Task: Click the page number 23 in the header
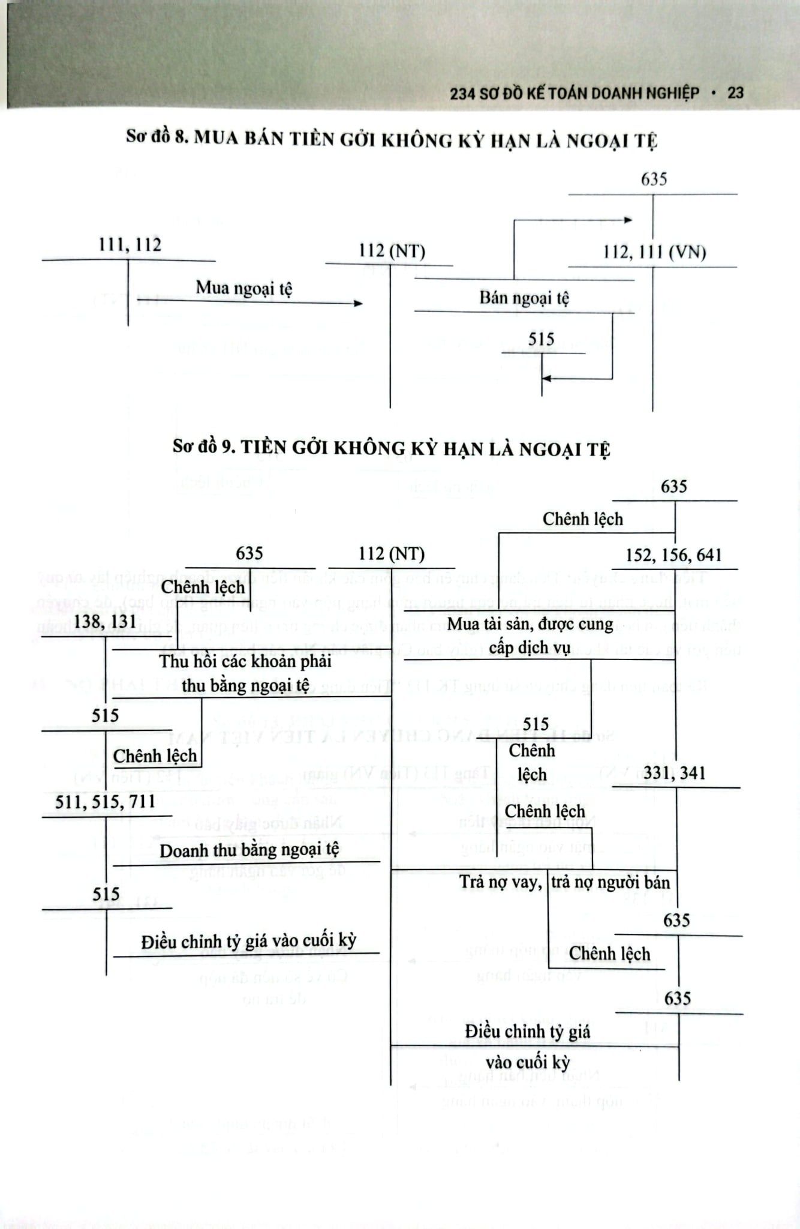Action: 735,93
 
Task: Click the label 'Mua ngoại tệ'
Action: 244,288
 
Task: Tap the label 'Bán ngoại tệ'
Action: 524,298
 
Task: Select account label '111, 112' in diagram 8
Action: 130,245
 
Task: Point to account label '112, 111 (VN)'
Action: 654,252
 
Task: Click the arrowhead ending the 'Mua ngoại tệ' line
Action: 358,304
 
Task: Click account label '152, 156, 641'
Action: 673,555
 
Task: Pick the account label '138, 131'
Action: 106,621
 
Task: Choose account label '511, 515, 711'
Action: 106,802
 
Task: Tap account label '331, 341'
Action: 675,773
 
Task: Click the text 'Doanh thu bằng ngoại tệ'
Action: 249,850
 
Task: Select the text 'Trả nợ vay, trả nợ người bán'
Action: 564,882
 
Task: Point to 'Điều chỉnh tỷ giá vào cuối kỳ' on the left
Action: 249,941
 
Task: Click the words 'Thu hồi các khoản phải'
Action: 245,662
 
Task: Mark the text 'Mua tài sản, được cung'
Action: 530,624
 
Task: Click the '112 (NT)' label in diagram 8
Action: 392,251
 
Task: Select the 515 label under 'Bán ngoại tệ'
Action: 541,340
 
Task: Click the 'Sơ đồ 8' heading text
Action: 391,139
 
